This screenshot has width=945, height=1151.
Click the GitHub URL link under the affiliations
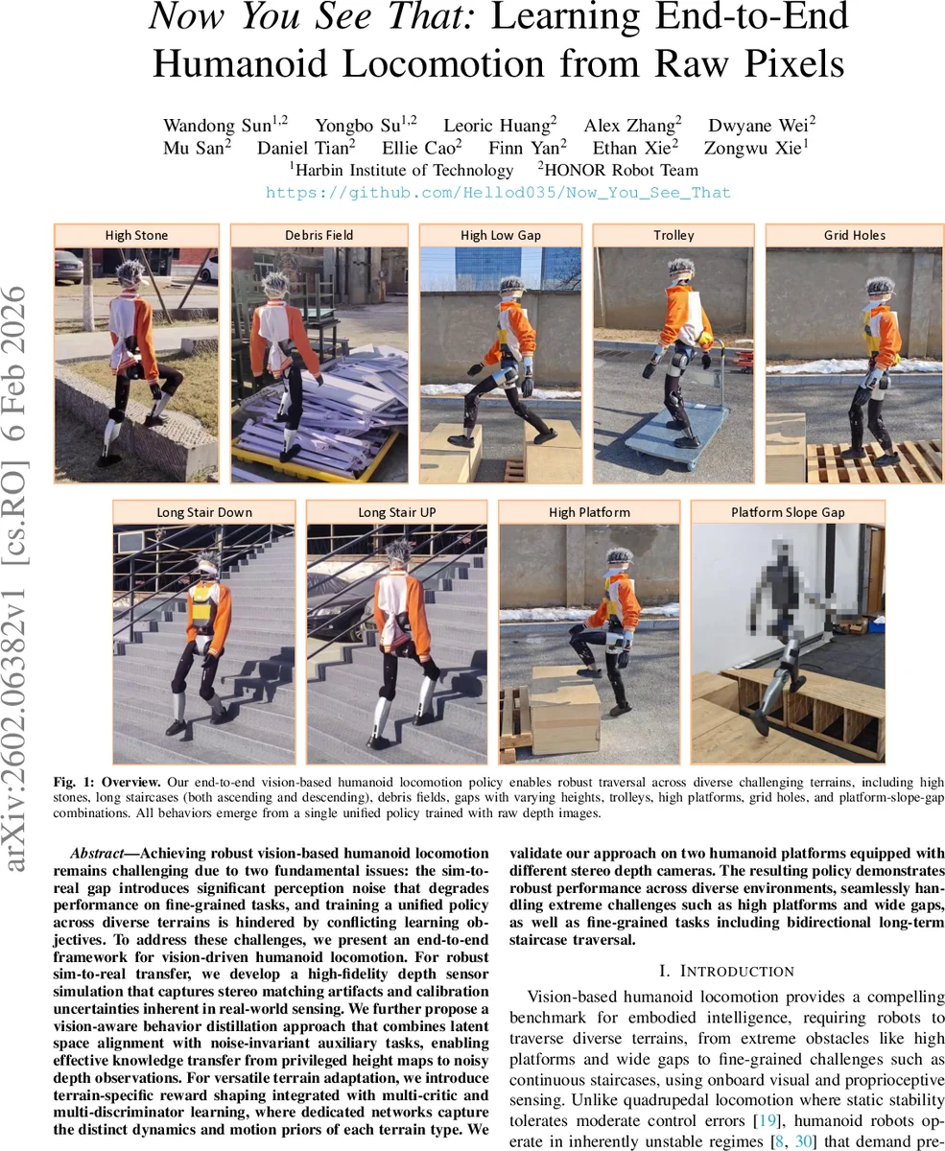click(x=498, y=193)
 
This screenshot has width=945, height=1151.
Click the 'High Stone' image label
click(x=136, y=235)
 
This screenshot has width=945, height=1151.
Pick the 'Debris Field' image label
click(x=319, y=235)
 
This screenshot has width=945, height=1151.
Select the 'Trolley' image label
click(x=673, y=235)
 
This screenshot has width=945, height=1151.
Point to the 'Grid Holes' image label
click(x=854, y=235)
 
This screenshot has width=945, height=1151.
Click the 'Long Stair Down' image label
click(x=204, y=512)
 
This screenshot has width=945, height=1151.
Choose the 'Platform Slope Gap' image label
click(x=788, y=512)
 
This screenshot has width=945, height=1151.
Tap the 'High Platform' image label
click(x=589, y=512)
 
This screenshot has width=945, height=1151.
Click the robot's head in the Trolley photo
click(x=682, y=270)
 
